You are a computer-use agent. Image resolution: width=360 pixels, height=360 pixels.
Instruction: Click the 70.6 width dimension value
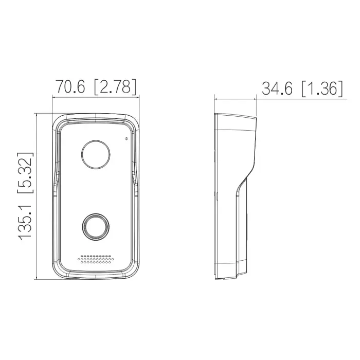point(70,86)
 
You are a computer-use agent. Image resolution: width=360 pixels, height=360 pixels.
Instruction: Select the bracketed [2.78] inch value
point(115,87)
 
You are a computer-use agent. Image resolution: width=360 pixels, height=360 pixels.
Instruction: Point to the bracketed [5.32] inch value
point(25,173)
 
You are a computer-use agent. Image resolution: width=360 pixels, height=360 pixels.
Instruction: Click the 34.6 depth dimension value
point(277,88)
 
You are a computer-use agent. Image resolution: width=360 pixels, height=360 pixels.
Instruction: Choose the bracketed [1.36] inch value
point(322,88)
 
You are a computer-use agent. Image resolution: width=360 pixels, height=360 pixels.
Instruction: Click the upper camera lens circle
point(96,154)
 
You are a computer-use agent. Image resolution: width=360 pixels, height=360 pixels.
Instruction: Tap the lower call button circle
point(96,227)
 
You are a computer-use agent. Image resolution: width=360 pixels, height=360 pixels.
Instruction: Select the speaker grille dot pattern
point(96,259)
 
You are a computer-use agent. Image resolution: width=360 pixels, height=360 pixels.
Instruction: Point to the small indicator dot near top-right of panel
point(126,138)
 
